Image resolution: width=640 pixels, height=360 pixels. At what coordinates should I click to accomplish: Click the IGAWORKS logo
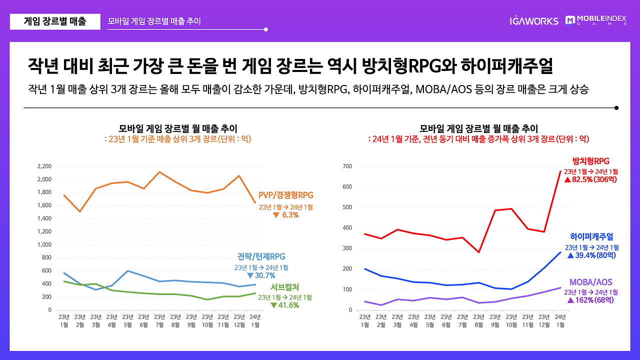[533, 21]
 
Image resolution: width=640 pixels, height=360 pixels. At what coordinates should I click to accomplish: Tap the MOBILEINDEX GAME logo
[595, 20]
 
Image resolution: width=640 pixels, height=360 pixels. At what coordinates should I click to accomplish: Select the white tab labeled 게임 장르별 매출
[55, 21]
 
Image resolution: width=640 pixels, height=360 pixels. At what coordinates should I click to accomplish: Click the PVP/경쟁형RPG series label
[286, 195]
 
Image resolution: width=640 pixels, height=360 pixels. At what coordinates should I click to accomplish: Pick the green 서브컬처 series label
[284, 287]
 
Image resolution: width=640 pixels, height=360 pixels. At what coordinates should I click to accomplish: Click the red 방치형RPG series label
[590, 161]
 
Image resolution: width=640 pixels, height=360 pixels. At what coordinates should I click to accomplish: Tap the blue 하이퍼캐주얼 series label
[591, 237]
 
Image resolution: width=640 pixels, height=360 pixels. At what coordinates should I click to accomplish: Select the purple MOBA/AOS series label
[590, 282]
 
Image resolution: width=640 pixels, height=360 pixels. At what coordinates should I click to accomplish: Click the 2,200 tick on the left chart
[44, 166]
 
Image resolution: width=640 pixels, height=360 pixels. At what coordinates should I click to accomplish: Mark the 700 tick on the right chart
[347, 166]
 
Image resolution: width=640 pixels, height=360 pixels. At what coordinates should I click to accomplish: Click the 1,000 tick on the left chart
[44, 245]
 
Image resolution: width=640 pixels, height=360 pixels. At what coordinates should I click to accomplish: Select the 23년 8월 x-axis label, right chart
[479, 320]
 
